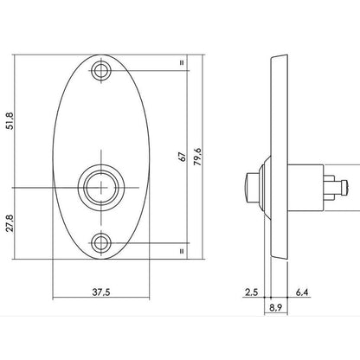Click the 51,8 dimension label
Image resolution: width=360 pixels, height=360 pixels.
tap(10, 121)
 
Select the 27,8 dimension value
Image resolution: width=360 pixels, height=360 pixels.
tap(10, 223)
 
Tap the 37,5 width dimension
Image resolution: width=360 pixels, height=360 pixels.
tap(101, 292)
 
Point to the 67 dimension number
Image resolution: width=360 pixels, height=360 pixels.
tap(183, 157)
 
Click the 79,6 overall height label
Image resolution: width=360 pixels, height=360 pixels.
tap(198, 157)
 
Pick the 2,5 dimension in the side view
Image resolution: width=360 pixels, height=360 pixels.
tap(251, 292)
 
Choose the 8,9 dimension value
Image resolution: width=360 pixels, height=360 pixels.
tap(275, 308)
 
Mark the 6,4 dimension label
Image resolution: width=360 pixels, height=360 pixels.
tap(302, 292)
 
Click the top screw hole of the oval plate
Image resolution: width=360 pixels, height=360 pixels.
tap(101, 70)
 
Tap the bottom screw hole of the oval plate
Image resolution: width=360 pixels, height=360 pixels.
tap(101, 243)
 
